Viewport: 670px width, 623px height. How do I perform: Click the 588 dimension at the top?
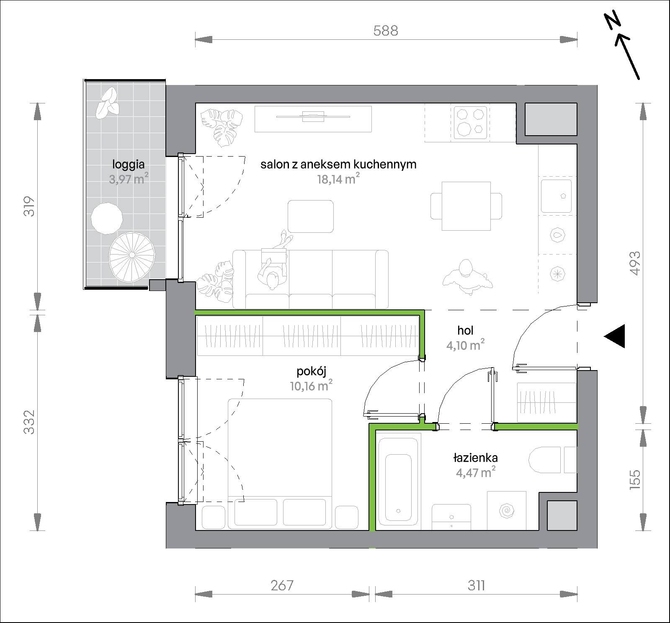click(386, 31)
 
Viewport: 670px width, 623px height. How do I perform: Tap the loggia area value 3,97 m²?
click(129, 179)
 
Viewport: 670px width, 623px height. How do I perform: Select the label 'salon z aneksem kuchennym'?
click(338, 164)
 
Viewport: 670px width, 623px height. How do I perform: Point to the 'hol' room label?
click(465, 330)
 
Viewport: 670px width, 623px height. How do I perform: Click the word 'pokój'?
click(311, 371)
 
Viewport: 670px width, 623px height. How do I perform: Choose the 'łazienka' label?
click(475, 458)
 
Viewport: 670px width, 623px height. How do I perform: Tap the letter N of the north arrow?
click(613, 22)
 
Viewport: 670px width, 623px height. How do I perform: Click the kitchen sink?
click(556, 196)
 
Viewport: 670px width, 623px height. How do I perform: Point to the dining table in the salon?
click(466, 206)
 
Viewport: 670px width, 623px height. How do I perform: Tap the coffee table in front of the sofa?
click(311, 216)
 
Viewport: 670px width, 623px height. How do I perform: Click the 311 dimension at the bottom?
click(477, 585)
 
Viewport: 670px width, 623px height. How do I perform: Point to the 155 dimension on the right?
click(635, 478)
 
